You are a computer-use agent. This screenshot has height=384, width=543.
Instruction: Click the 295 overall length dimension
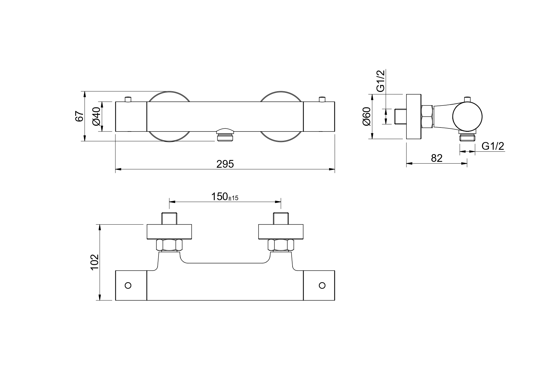pyautogui.click(x=225, y=164)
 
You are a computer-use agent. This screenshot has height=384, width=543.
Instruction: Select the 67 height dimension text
pyautogui.click(x=80, y=116)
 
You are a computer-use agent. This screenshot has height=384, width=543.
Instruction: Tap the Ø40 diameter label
pyautogui.click(x=96, y=116)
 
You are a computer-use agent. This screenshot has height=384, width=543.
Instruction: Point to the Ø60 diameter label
pyautogui.click(x=366, y=116)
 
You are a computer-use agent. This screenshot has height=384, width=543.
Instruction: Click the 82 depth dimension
pyautogui.click(x=437, y=158)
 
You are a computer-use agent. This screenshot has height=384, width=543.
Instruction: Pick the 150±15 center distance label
pyautogui.click(x=225, y=196)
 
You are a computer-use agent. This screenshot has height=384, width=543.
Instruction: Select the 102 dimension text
pyautogui.click(x=94, y=262)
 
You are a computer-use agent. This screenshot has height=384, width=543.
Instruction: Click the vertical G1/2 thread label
pyautogui.click(x=380, y=81)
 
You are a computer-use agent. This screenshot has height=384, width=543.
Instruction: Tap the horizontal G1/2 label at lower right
pyautogui.click(x=493, y=146)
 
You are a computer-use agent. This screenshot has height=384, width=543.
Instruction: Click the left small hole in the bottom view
pyautogui.click(x=128, y=285)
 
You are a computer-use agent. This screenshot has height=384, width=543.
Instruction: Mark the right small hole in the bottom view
pyautogui.click(x=322, y=285)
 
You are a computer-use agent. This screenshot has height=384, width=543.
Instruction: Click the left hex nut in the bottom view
pyautogui.click(x=169, y=245)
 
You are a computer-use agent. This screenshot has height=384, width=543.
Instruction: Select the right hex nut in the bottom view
pyautogui.click(x=281, y=245)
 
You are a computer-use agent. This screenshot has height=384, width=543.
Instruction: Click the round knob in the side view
pyautogui.click(x=467, y=116)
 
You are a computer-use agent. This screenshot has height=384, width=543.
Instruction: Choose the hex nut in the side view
pyautogui.click(x=427, y=116)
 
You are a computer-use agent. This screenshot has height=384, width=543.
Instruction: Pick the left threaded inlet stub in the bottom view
pyautogui.click(x=169, y=218)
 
